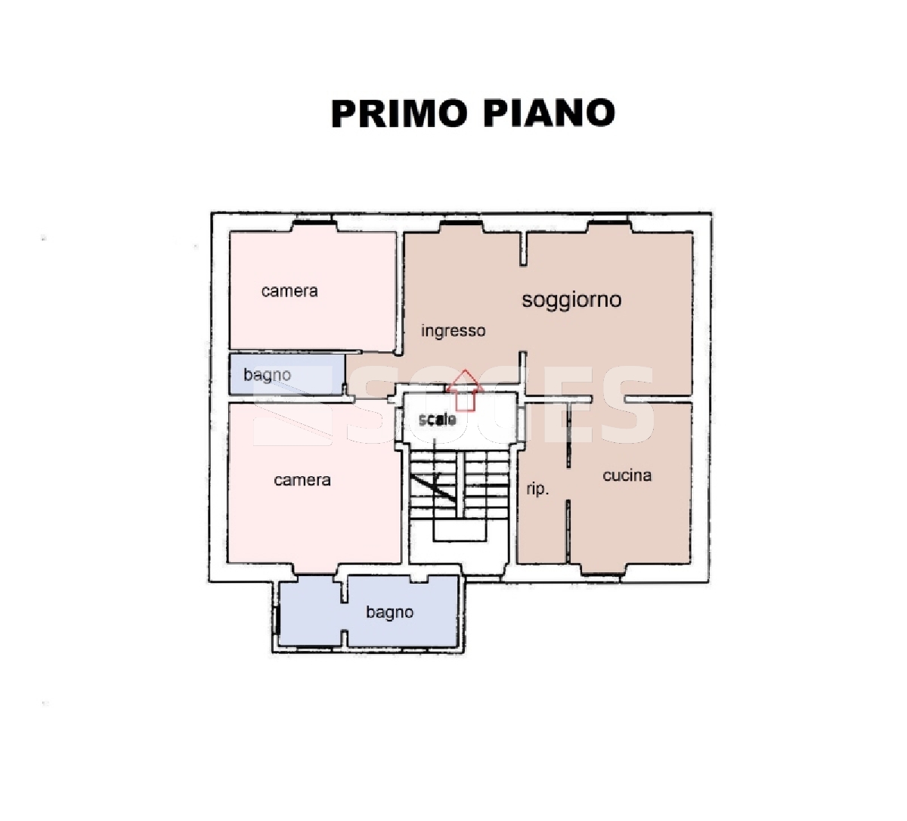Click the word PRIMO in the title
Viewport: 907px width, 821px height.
[399, 113]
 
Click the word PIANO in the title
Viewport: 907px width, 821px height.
[549, 113]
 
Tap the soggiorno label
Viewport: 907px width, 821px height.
[571, 300]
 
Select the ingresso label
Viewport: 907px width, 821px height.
[453, 332]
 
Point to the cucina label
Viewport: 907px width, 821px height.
[627, 476]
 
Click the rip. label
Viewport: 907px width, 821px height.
[537, 490]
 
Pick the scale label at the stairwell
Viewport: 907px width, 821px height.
[437, 420]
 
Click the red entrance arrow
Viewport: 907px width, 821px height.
[465, 390]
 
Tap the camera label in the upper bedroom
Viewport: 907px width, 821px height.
[289, 291]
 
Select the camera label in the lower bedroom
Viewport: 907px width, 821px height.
[302, 480]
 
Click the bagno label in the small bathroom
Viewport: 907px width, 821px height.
[267, 376]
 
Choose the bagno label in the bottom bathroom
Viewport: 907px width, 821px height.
[390, 613]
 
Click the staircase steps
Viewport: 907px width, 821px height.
[459, 484]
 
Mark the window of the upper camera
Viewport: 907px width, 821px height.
[314, 222]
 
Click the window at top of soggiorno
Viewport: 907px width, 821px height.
[608, 222]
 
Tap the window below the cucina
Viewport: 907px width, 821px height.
[602, 574]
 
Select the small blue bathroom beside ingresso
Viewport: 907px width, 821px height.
[287, 374]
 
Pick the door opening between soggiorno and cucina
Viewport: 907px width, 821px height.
[608, 399]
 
